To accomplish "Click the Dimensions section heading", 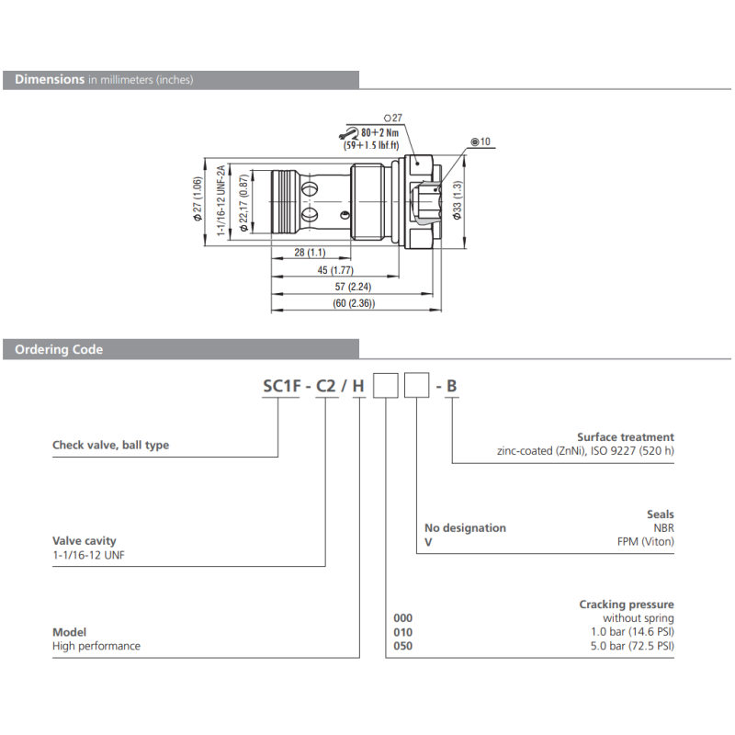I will (x=50, y=80).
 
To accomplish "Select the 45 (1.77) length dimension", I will (x=334, y=270).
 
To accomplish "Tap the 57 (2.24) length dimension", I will (x=354, y=288).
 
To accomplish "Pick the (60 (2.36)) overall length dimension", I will (x=353, y=304).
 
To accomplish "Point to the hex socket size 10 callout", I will (x=481, y=142).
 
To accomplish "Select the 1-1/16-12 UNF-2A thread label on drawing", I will (x=221, y=200).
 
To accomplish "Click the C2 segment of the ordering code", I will (x=325, y=386).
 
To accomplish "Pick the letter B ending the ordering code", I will (x=451, y=386).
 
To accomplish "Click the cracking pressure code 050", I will (x=403, y=646).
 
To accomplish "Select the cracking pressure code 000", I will (x=403, y=618).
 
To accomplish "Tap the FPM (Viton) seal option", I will (x=645, y=541).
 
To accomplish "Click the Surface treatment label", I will (x=625, y=437).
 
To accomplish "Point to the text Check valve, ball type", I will (x=110, y=445).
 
